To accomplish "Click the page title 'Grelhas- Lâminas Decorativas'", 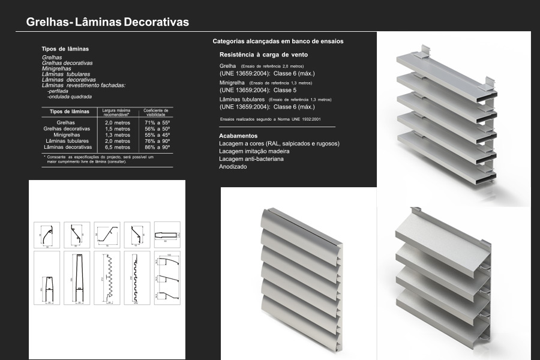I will pyautogui.click(x=107, y=22).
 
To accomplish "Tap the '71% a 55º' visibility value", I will pyautogui.click(x=158, y=122).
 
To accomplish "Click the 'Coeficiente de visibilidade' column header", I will pyautogui.click(x=157, y=112).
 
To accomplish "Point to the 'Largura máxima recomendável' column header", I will pyautogui.click(x=117, y=112).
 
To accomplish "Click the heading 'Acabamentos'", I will pyautogui.click(x=238, y=136).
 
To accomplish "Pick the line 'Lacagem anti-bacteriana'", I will pyautogui.click(x=251, y=159).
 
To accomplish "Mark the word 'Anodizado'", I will pyautogui.click(x=233, y=167).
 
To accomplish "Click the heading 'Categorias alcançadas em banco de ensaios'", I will pyautogui.click(x=278, y=41).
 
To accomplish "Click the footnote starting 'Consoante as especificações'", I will pyautogui.click(x=100, y=159).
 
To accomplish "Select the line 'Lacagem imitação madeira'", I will pyautogui.click(x=255, y=151).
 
